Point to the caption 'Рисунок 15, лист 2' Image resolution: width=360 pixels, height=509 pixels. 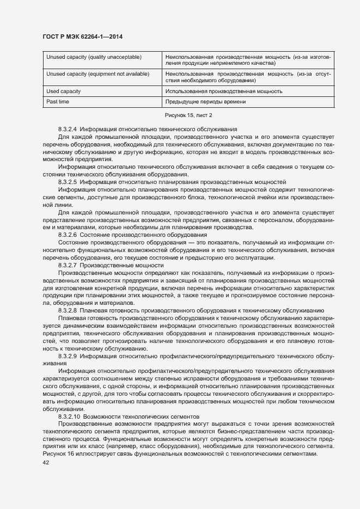[188, 115]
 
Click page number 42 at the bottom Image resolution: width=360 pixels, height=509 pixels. [46, 462]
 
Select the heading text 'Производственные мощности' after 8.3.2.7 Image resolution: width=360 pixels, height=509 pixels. [115, 265]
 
